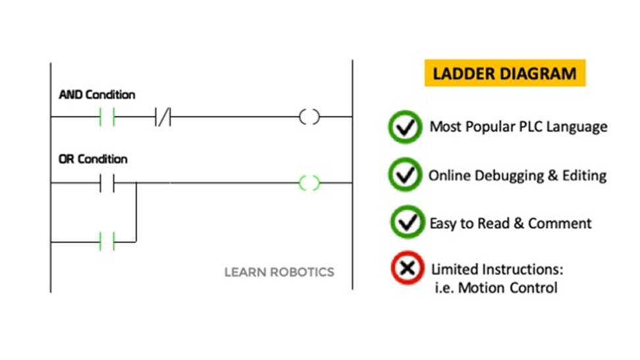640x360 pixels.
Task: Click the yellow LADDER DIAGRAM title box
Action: [504, 73]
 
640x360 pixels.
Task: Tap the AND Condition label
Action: [97, 95]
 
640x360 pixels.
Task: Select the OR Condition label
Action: [93, 159]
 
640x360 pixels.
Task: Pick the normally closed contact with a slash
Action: [163, 118]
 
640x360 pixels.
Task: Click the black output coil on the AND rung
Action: [309, 118]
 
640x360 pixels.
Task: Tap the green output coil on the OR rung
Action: [309, 183]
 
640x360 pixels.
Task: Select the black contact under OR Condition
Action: [107, 183]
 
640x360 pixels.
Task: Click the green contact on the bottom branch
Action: [107, 242]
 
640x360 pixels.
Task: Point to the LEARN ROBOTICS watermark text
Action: [279, 272]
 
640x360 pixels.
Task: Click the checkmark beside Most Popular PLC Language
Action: [405, 127]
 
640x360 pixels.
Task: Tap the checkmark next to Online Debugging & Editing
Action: [405, 175]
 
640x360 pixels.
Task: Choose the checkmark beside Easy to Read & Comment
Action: [405, 222]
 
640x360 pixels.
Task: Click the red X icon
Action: [406, 269]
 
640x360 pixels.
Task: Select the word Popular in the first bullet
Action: [484, 126]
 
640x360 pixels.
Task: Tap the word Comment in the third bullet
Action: [560, 223]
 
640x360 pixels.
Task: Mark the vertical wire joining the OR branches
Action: [136, 212]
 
